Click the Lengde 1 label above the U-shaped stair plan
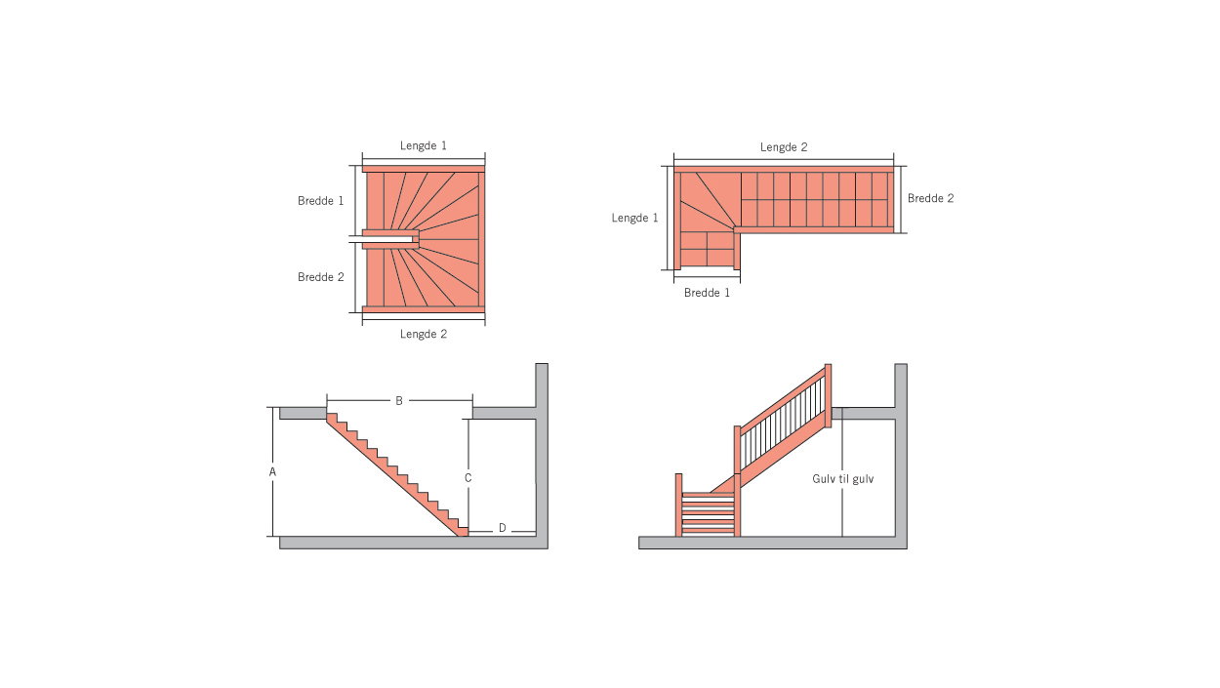[x=424, y=145]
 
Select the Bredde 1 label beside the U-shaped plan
[x=321, y=200]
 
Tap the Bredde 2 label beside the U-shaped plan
[x=321, y=277]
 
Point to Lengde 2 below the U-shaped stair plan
[x=424, y=334]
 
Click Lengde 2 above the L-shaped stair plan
[x=784, y=147]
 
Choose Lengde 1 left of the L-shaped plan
[x=635, y=218]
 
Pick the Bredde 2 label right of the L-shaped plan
[x=931, y=198]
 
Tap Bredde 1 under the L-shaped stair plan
[x=707, y=293]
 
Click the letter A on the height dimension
[x=273, y=471]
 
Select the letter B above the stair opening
[x=399, y=401]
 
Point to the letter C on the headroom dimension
[x=468, y=478]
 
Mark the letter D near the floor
[x=503, y=528]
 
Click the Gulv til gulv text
[x=843, y=479]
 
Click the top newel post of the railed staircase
[x=828, y=395]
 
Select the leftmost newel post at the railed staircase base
[x=678, y=505]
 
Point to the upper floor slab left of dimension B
[x=303, y=413]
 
